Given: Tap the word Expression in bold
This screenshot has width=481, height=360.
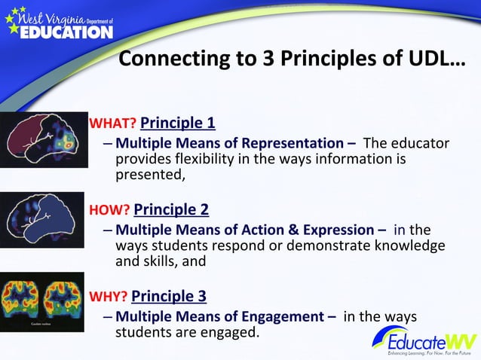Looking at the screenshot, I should pyautogui.click(x=332, y=230).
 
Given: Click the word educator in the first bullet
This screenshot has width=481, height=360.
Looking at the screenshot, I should pyautogui.click(x=421, y=144).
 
